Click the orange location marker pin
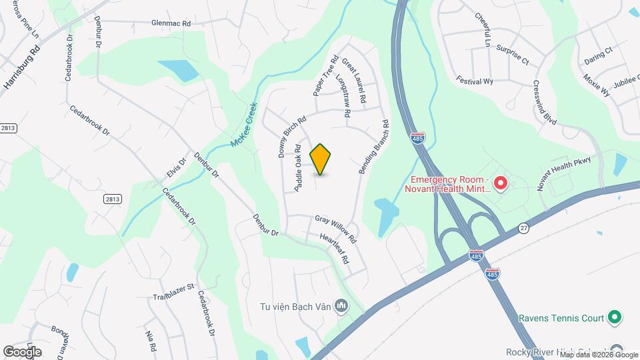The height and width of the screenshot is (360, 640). [321, 159]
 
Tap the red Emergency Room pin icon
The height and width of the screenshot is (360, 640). [501, 182]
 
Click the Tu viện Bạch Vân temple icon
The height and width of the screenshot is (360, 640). [342, 306]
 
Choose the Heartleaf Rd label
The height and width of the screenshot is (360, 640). [335, 249]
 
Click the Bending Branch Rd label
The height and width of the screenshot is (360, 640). [373, 147]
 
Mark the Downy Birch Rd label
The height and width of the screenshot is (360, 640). [291, 137]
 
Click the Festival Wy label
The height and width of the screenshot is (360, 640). [474, 81]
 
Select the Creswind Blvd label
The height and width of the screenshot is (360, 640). [545, 103]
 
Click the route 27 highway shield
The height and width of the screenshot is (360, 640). [524, 228]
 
